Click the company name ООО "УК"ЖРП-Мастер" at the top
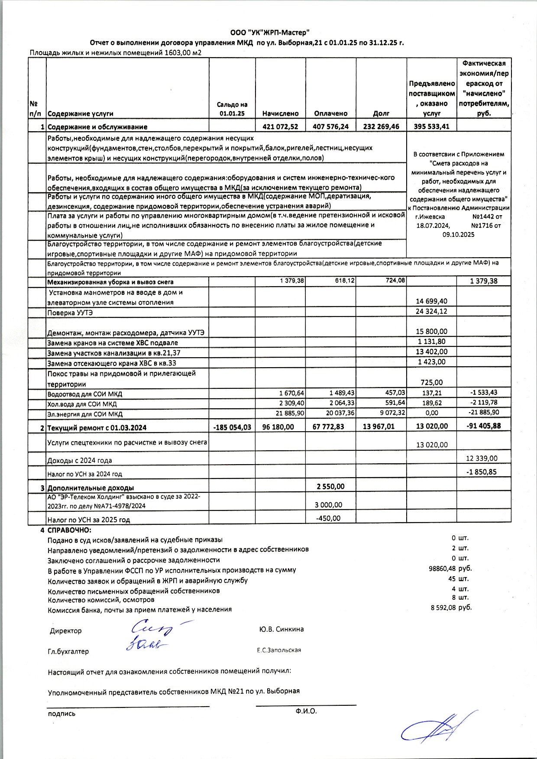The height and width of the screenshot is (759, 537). (269, 32)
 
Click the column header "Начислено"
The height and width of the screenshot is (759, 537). (280, 113)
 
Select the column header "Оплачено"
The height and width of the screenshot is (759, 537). (331, 113)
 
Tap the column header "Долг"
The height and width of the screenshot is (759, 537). (381, 113)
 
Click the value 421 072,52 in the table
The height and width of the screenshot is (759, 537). (280, 127)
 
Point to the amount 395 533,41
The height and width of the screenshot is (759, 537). (432, 127)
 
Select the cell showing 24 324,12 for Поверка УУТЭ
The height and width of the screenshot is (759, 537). (432, 311)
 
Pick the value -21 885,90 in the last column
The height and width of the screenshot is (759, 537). (484, 413)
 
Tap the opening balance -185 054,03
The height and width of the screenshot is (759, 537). (232, 427)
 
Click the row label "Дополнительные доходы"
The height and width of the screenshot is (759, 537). (91, 488)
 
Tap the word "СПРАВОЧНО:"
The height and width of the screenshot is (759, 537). (69, 530)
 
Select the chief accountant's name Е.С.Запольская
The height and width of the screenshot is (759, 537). (279, 650)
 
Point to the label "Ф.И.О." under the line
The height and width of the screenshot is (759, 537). (306, 711)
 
